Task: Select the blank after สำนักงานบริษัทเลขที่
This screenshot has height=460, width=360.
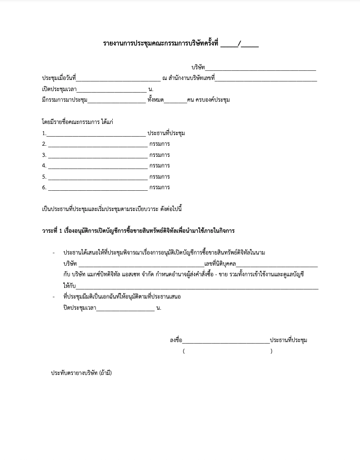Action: click(x=266, y=78)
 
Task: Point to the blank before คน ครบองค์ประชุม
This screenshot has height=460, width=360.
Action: click(x=175, y=100)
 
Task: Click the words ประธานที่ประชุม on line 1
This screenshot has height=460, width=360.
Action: click(x=166, y=133)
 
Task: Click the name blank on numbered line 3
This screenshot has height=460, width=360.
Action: click(x=97, y=155)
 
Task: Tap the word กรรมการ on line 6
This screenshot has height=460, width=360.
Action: click(x=159, y=188)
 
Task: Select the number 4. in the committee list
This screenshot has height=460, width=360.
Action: click(x=44, y=166)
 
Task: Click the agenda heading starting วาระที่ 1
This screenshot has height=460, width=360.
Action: click(x=138, y=231)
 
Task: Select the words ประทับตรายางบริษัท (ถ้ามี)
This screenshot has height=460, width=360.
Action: click(x=81, y=373)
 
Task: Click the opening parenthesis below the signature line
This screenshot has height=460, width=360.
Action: click(x=184, y=351)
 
